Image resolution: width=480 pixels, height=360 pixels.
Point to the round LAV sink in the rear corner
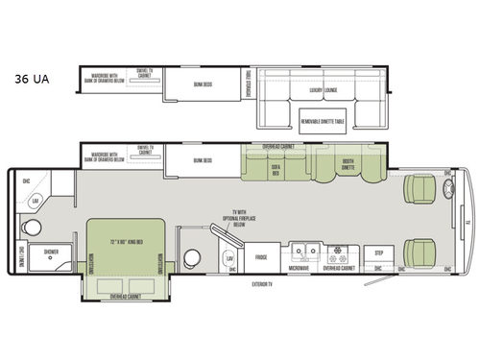tap(36, 200)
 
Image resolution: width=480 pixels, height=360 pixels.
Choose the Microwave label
tap(299, 268)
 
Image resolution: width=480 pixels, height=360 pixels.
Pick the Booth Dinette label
tap(348, 166)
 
